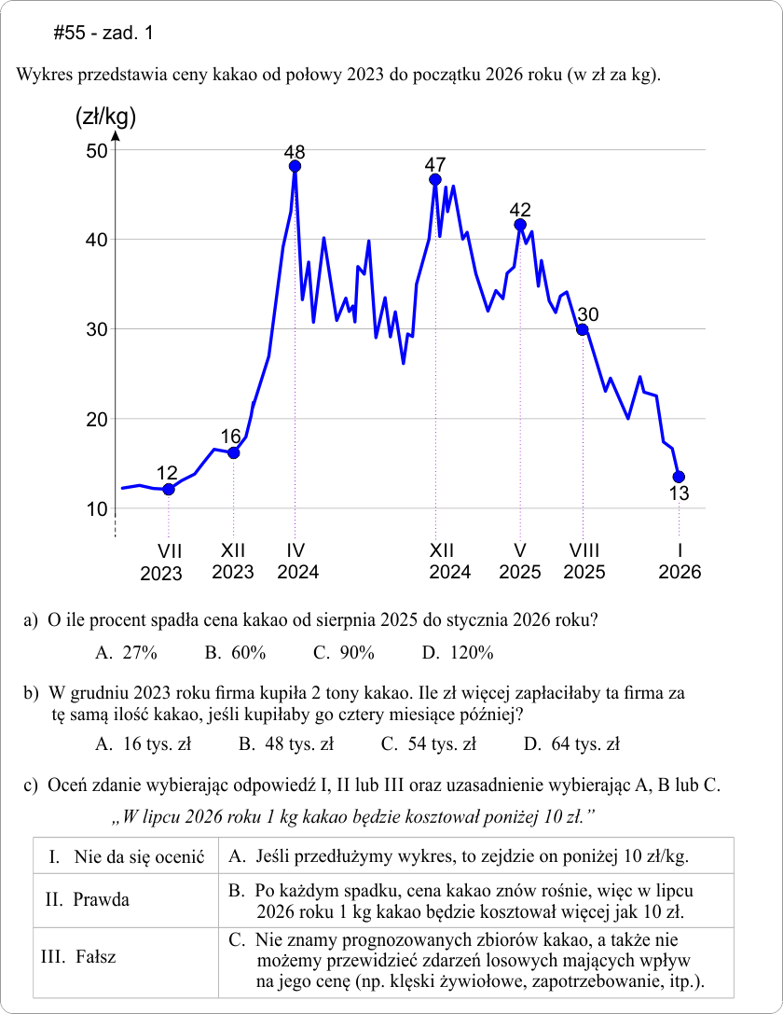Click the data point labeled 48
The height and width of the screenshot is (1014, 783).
[295, 167]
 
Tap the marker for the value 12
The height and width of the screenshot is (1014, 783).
[168, 490]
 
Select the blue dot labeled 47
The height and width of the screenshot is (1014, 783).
[435, 179]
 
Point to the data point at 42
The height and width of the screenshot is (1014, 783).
[520, 224]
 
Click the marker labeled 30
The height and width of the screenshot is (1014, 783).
[583, 329]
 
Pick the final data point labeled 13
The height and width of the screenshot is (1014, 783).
[679, 477]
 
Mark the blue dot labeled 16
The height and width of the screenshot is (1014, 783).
[233, 453]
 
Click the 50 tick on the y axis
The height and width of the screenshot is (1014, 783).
[97, 151]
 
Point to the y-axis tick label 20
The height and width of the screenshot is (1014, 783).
[97, 420]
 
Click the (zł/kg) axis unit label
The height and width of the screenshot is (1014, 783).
[105, 118]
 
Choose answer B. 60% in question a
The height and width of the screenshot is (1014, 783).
[235, 653]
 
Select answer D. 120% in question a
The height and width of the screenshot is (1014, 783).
[457, 653]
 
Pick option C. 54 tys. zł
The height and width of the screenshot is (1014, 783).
[429, 744]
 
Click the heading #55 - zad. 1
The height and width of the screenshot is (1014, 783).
[103, 34]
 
